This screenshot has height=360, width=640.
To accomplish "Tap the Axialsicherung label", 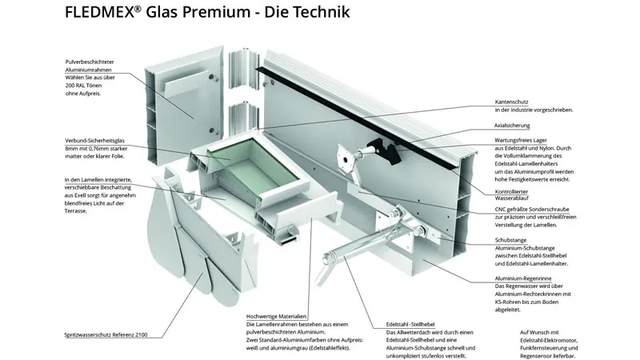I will coord(514,126).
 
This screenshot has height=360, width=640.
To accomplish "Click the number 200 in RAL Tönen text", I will coord(72,86).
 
